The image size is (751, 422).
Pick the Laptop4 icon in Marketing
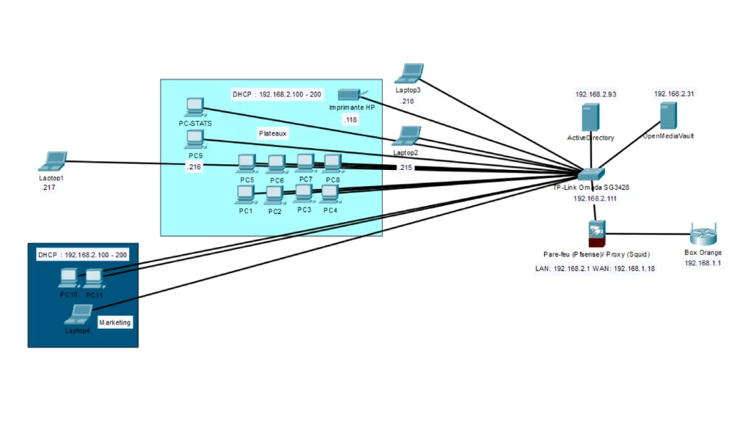coord(77,315)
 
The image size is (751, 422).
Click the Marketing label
coord(115,322)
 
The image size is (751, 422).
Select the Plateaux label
coord(273,133)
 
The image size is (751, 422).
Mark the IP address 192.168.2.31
coord(674,94)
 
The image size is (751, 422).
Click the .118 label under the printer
coord(351,119)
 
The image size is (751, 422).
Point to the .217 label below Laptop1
coord(49,188)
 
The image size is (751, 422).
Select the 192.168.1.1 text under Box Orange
coord(703,262)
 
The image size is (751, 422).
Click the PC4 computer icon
coord(329,193)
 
